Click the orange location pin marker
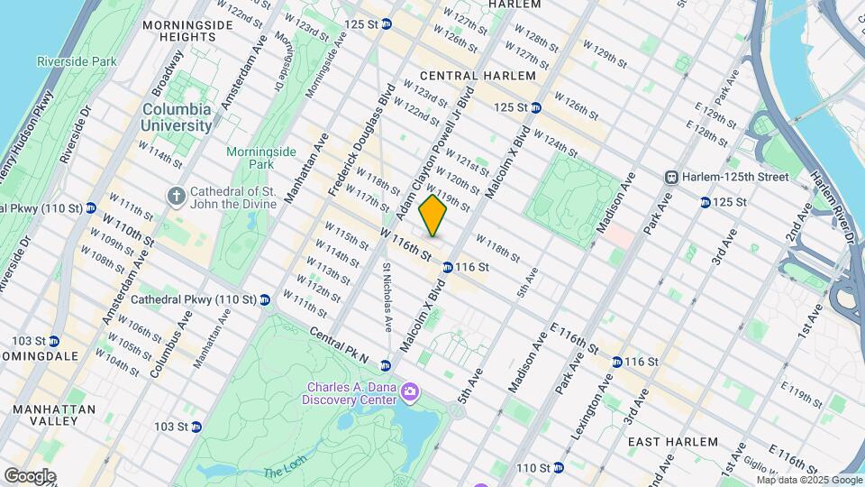[x=432, y=216]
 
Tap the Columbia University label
[x=177, y=117]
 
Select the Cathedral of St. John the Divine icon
[x=176, y=195]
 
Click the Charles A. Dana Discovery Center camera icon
[x=410, y=391]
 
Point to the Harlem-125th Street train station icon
[x=671, y=178]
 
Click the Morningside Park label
[x=249, y=158]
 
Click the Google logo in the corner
[x=30, y=475]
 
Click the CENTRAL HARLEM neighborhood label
[x=465, y=75]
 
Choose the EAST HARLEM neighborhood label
[x=672, y=442]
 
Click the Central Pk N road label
[x=339, y=344]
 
